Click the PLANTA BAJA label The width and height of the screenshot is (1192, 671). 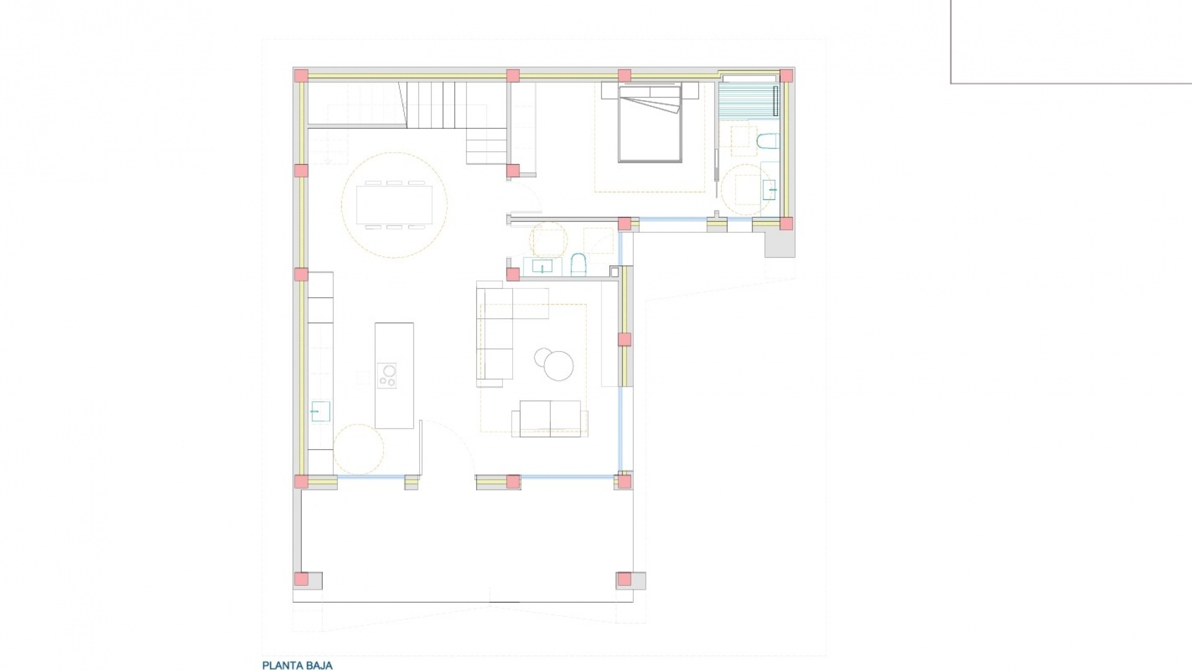click(x=297, y=665)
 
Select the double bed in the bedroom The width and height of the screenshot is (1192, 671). click(x=650, y=124)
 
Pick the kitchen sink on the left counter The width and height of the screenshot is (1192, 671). click(x=320, y=411)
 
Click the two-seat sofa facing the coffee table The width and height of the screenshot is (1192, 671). click(x=550, y=418)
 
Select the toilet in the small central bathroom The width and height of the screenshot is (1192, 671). click(x=578, y=264)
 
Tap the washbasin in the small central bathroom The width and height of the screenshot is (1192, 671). click(x=543, y=267)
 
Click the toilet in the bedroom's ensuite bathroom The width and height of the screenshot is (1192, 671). click(x=768, y=142)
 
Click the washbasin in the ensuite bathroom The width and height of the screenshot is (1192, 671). click(x=770, y=186)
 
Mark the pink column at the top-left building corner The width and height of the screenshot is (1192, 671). click(x=300, y=76)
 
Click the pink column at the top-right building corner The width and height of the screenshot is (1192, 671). click(x=786, y=76)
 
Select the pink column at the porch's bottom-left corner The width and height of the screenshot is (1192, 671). click(x=301, y=579)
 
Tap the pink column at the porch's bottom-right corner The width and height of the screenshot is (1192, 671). click(x=624, y=579)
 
